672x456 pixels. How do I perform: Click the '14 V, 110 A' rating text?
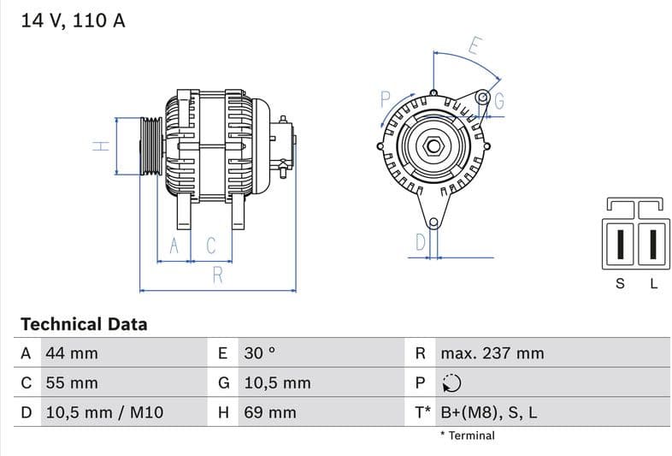click(73, 21)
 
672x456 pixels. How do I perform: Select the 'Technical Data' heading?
click(84, 324)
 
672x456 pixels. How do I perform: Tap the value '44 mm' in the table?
click(72, 353)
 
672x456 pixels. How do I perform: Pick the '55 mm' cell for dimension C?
click(72, 383)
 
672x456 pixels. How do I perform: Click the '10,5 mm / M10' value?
click(103, 413)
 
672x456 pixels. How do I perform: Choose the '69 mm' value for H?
click(270, 413)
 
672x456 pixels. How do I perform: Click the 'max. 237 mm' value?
click(492, 353)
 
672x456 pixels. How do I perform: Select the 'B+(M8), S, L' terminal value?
click(488, 413)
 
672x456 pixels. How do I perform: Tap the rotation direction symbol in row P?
click(451, 383)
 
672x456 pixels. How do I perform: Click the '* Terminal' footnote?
click(467, 435)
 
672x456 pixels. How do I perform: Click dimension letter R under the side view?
click(217, 275)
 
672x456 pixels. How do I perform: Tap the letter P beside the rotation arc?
click(385, 99)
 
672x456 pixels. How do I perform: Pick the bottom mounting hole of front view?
click(433, 224)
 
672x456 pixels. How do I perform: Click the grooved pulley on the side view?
click(150, 145)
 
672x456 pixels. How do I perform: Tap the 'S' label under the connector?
click(621, 284)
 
